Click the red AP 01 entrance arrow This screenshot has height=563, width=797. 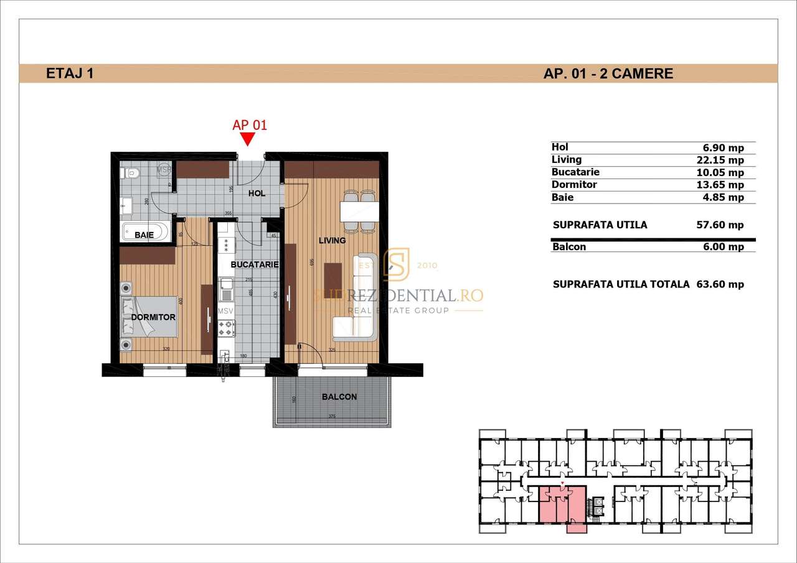(248, 140)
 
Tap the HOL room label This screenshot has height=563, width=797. (257, 193)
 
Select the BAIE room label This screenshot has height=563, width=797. (144, 235)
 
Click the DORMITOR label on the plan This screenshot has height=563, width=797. (153, 317)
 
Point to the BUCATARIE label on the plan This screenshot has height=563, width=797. (253, 264)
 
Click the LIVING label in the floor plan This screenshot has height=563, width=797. (332, 240)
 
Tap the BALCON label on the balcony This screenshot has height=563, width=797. (339, 397)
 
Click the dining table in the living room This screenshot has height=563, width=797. (360, 211)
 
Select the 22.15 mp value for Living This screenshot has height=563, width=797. (720, 161)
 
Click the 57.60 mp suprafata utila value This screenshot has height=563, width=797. (720, 225)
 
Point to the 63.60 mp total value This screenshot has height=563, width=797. (720, 284)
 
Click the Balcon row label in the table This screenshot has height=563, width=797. (569, 246)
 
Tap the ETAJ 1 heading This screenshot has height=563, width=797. (70, 73)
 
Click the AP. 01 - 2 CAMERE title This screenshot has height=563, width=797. (608, 73)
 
